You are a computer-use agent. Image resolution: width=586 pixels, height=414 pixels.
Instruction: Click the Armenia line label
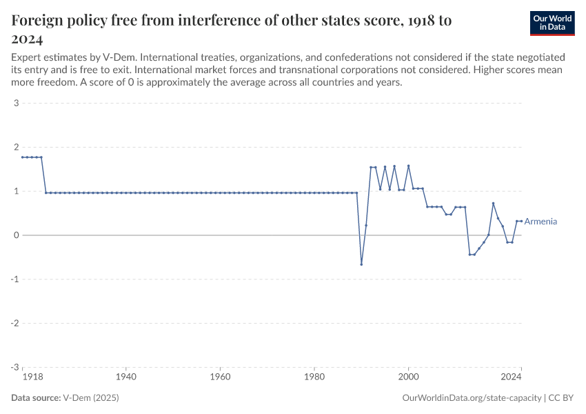point(540,221)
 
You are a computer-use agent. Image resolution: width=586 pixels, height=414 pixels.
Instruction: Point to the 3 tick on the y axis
point(15,103)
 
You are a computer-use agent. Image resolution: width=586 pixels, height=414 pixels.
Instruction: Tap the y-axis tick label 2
point(15,148)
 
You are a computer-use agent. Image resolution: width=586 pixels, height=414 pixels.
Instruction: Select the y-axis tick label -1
point(14,279)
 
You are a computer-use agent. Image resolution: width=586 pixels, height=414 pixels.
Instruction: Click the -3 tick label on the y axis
point(14,367)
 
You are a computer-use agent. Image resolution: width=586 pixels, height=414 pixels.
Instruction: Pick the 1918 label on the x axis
point(31,377)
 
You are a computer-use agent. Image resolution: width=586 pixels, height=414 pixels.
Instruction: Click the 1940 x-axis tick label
point(125,377)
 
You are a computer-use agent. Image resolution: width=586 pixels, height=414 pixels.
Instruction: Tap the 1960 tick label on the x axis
point(220,377)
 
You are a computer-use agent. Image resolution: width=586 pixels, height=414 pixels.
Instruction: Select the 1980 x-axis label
point(314,377)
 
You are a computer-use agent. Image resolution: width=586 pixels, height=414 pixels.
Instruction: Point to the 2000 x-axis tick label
point(408,377)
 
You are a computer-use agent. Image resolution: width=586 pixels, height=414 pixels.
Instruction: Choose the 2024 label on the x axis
point(511,377)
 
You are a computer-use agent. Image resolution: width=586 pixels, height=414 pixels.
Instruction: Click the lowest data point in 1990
point(361,264)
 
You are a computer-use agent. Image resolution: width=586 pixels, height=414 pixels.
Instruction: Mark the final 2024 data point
point(521,221)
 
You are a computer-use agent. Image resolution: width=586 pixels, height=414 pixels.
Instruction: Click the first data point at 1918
point(23,157)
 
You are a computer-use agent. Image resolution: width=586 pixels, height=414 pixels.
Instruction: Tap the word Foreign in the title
point(40,21)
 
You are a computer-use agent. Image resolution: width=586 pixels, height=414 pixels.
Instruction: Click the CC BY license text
point(561,398)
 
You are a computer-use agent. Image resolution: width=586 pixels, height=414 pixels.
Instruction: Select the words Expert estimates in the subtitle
point(44,57)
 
